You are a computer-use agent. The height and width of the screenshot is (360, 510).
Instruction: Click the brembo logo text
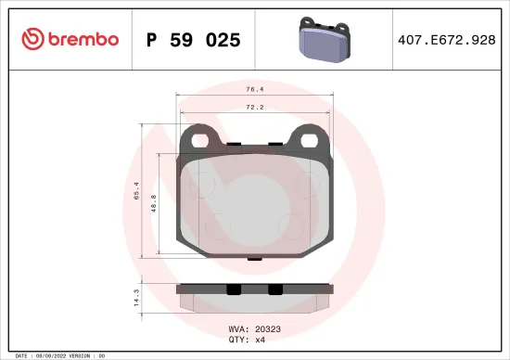(x=76, y=39)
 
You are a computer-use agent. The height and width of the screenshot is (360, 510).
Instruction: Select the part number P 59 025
(x=194, y=40)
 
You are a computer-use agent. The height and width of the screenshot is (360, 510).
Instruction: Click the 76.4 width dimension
(x=252, y=91)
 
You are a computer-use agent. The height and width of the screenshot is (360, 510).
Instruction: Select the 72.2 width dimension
(x=252, y=108)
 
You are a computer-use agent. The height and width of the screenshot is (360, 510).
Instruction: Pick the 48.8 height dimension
(x=155, y=201)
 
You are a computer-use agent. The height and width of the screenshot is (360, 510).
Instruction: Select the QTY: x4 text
(x=247, y=340)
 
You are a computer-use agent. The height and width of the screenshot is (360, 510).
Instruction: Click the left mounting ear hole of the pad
(x=201, y=138)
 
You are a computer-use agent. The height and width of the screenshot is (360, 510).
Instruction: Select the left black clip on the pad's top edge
(x=234, y=144)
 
